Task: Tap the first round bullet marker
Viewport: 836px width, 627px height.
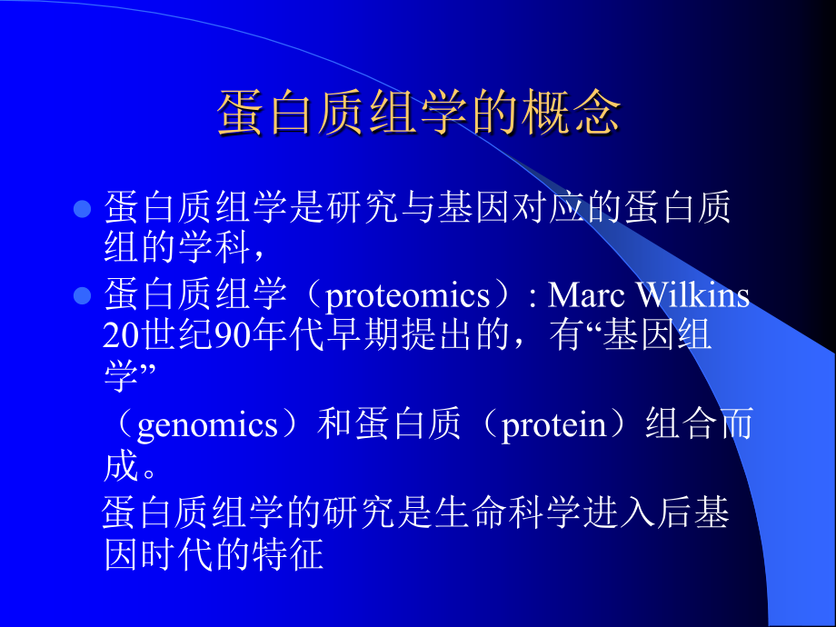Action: tap(82, 209)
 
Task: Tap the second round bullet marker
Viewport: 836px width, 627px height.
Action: tap(82, 296)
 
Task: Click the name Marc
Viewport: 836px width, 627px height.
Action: tap(592, 296)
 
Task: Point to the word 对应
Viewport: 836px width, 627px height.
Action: tap(546, 208)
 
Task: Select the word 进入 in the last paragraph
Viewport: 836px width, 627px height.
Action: tap(619, 514)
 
